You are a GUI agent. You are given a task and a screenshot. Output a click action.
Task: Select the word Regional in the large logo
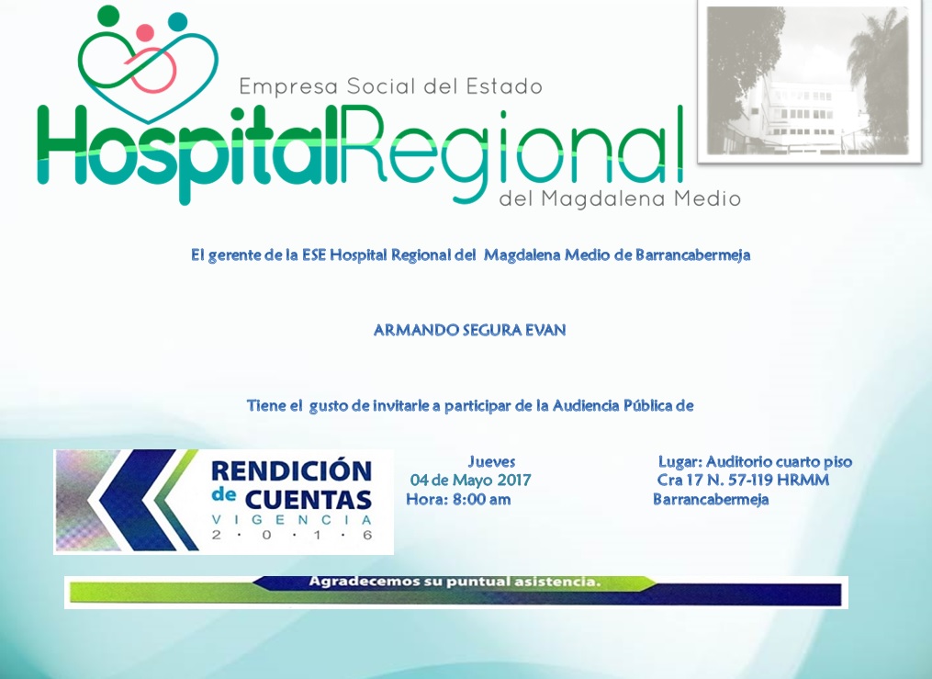point(515,147)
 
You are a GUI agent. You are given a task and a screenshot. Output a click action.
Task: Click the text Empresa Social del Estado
point(390,86)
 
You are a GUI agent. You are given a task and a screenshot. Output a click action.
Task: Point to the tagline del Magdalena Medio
point(619,198)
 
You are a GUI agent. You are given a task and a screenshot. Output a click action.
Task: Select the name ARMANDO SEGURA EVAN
point(469,330)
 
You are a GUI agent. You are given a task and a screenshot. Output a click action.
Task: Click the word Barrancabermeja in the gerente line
point(692,255)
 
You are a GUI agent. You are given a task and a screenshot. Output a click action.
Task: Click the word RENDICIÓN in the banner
point(291,471)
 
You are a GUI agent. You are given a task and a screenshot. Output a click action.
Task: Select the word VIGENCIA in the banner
point(291,520)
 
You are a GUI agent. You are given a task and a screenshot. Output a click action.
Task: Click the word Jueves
point(491,461)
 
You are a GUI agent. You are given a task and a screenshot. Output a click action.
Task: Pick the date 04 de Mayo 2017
point(470,480)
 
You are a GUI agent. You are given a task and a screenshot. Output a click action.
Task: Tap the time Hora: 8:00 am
point(458,499)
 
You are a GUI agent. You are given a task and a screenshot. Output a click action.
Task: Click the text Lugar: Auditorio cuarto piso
point(755,461)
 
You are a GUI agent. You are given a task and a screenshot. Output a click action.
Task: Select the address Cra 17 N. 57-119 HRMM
point(743,480)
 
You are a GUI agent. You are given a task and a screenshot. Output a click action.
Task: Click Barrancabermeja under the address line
point(710,499)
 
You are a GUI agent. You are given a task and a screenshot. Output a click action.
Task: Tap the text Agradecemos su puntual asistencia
point(454,582)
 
